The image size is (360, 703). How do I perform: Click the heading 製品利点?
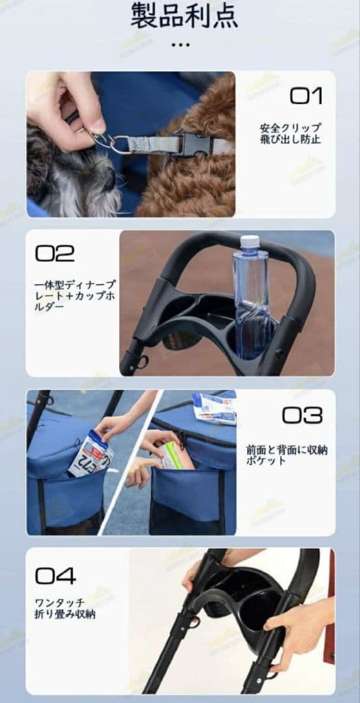[184, 16]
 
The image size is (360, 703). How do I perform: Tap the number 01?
[306, 96]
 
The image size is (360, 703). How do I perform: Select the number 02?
[55, 253]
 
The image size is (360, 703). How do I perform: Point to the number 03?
[301, 415]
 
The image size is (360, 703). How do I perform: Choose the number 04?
[55, 575]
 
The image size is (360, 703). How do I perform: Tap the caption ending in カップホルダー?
[74, 295]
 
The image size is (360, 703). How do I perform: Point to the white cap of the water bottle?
[251, 242]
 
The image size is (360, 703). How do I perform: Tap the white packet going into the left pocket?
[90, 454]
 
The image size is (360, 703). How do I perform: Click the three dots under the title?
[180, 44]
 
